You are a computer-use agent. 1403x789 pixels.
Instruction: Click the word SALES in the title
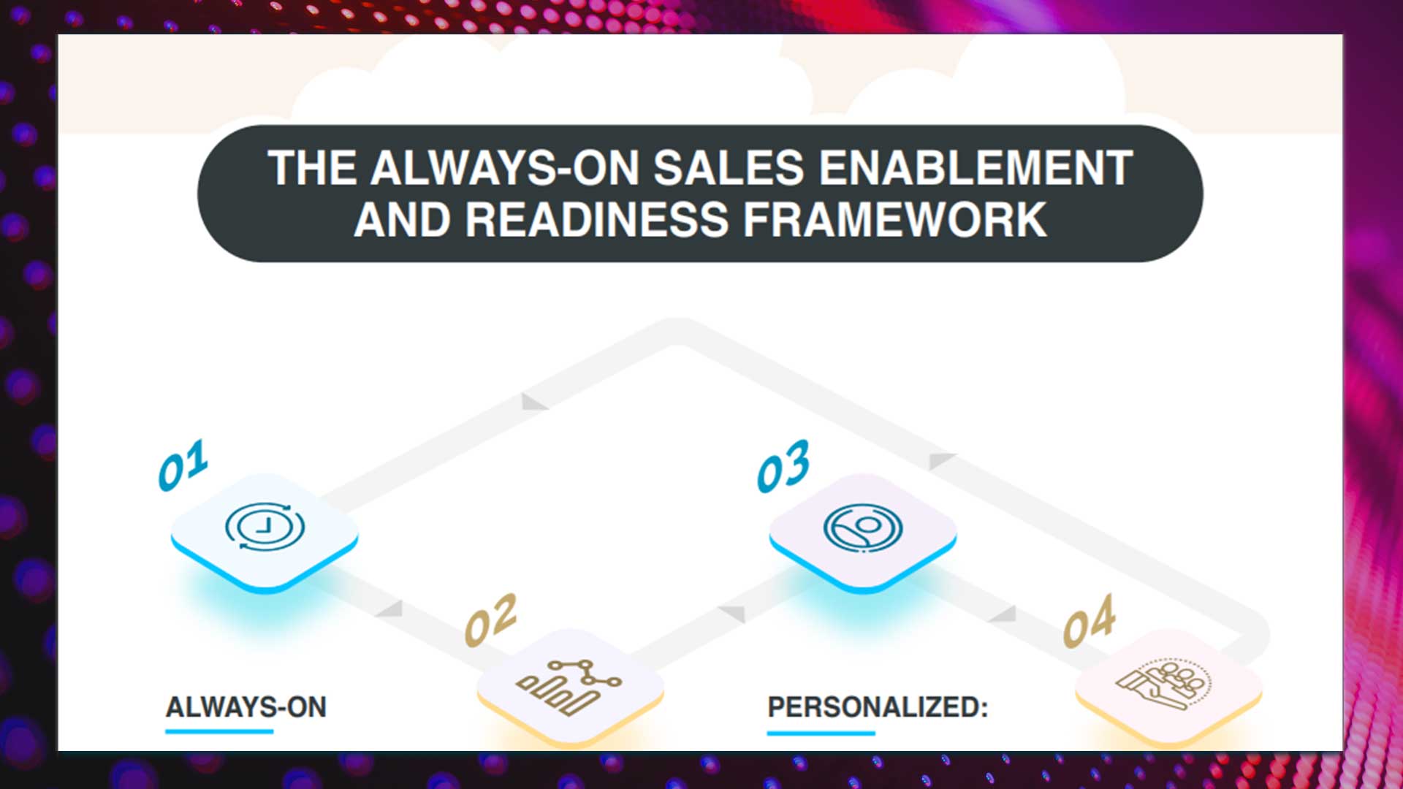[729, 168]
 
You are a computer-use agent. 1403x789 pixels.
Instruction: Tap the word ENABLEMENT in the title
[976, 168]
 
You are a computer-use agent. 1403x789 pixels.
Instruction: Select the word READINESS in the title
[597, 219]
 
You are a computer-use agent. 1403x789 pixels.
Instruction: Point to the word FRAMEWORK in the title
[895, 219]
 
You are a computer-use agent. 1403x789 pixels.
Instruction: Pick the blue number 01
[183, 465]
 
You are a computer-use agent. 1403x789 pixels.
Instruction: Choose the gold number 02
[490, 620]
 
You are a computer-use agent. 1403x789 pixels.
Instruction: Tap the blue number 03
[783, 466]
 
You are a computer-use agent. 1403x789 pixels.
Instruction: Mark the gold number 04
[1089, 621]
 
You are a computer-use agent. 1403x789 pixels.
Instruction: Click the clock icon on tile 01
[265, 526]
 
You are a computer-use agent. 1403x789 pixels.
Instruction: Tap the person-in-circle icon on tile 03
[863, 527]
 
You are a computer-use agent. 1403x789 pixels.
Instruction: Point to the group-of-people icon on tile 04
[1163, 683]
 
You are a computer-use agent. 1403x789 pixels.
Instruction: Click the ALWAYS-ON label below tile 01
[246, 707]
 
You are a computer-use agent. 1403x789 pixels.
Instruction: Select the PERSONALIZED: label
[878, 707]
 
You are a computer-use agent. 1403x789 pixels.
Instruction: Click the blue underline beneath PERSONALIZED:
[821, 732]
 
